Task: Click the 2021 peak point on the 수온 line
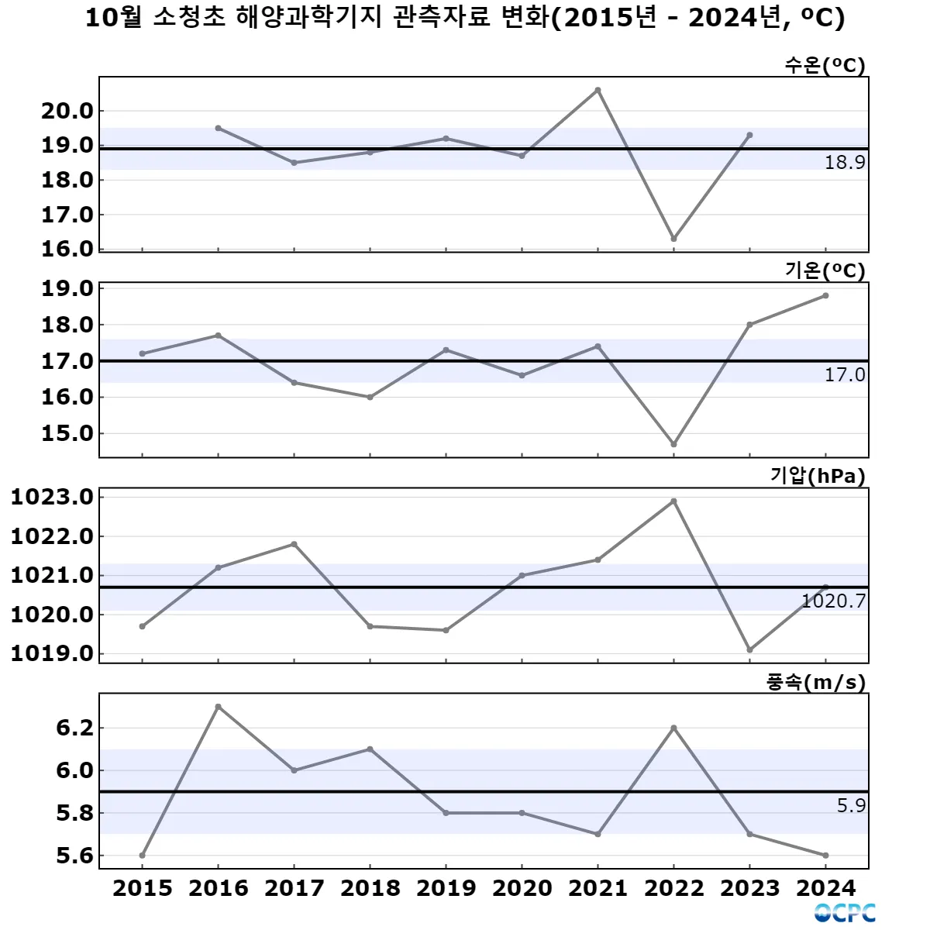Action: coord(598,90)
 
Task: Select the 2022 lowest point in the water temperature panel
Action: coord(673,239)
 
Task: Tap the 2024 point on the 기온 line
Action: coord(825,295)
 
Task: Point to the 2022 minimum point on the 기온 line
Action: coord(673,444)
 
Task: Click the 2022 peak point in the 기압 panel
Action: coord(673,501)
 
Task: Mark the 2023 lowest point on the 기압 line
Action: coord(749,649)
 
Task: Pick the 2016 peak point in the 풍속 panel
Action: coord(219,707)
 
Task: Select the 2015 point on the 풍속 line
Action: coord(143,856)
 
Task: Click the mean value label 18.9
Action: coord(845,163)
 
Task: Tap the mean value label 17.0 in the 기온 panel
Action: coord(845,375)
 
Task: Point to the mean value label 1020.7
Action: coord(834,601)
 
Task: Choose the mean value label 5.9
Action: coord(851,806)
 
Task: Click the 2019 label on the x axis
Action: coord(446,888)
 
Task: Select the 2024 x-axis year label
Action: coord(825,888)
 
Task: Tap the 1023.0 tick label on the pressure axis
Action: coord(52,497)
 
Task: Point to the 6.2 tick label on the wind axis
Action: coord(74,728)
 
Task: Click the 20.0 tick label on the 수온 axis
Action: coord(67,111)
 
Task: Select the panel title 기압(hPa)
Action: coord(818,476)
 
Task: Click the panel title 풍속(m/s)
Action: coord(816,683)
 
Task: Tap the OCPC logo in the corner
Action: coord(845,913)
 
